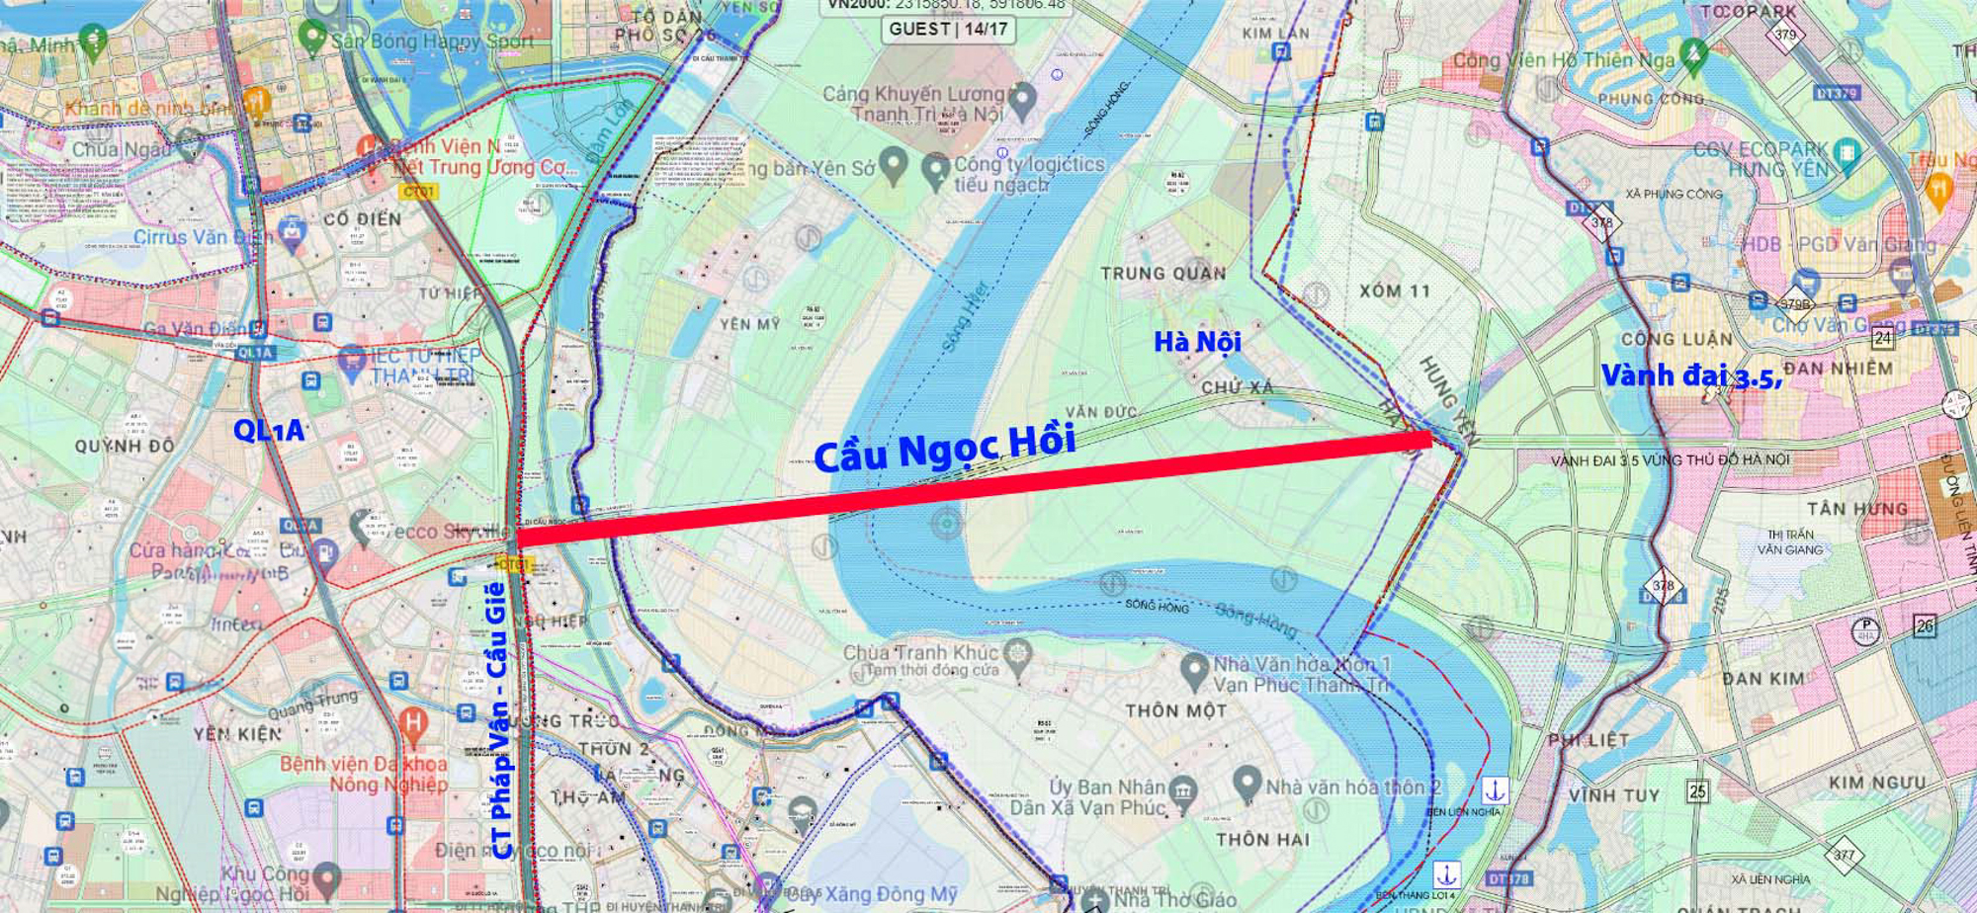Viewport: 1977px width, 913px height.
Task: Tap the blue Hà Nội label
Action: click(1197, 342)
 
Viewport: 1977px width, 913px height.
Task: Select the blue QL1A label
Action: click(269, 430)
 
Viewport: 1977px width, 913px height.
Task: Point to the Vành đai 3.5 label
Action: click(1690, 376)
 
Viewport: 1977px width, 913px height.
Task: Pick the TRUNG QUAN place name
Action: click(1163, 274)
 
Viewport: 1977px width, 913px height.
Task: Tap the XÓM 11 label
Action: click(1394, 291)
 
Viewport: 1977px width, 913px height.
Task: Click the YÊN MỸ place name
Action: click(749, 324)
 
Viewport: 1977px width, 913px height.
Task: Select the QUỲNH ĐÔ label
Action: click(125, 446)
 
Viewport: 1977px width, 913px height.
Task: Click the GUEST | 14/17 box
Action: click(948, 29)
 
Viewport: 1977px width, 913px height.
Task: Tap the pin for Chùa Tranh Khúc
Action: click(1016, 653)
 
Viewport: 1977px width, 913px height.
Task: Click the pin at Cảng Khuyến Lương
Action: click(1023, 98)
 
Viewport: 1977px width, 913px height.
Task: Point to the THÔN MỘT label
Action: click(1175, 710)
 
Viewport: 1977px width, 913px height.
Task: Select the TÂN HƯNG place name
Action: click(1856, 509)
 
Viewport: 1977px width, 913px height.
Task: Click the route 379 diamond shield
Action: click(1785, 36)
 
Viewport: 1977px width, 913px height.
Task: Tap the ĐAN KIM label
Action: click(1762, 679)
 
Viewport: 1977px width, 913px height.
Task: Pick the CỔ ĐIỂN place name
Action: click(362, 218)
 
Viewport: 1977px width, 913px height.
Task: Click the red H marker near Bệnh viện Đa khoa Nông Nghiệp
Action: click(413, 724)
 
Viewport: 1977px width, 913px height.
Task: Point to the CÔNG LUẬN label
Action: click(1676, 339)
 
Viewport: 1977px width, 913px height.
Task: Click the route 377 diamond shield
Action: click(1844, 856)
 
